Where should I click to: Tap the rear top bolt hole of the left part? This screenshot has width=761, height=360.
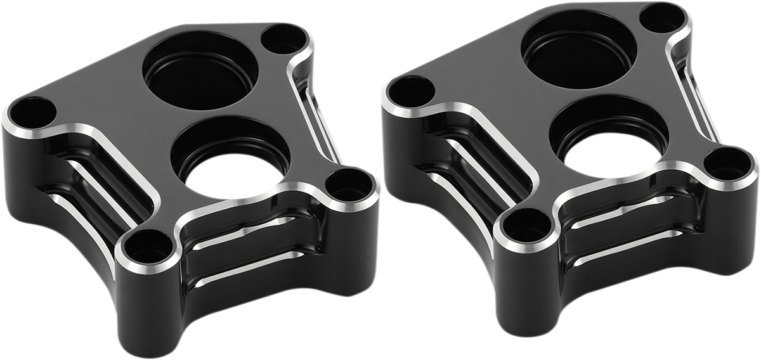click(x=283, y=41)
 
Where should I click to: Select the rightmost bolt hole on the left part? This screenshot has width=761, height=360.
click(x=349, y=185)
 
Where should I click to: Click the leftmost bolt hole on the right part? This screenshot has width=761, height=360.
click(x=410, y=93)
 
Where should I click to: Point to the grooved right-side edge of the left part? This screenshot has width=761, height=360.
click(x=317, y=114)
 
